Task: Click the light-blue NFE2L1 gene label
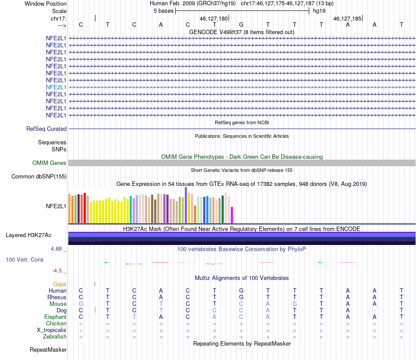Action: click(x=56, y=87)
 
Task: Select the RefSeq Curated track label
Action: click(x=46, y=129)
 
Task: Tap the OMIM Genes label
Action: click(x=49, y=163)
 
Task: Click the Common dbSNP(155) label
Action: click(x=39, y=177)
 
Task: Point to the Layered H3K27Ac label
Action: click(x=28, y=235)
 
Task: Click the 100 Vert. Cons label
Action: click(x=25, y=260)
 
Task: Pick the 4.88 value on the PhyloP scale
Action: click(x=56, y=249)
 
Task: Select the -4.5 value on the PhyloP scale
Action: click(x=57, y=271)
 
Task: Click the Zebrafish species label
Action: click(x=55, y=337)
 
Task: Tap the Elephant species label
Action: click(x=56, y=317)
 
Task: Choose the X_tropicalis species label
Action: click(x=52, y=330)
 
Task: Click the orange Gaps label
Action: click(x=60, y=284)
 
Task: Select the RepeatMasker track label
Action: click(x=48, y=350)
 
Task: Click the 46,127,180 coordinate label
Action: click(x=214, y=18)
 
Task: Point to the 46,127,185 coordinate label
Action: click(x=347, y=18)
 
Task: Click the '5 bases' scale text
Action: click(x=163, y=11)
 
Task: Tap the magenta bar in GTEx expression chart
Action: click(x=232, y=215)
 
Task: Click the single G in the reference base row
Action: click(x=241, y=24)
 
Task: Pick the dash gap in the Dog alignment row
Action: click(x=374, y=311)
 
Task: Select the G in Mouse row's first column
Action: click(x=81, y=304)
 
